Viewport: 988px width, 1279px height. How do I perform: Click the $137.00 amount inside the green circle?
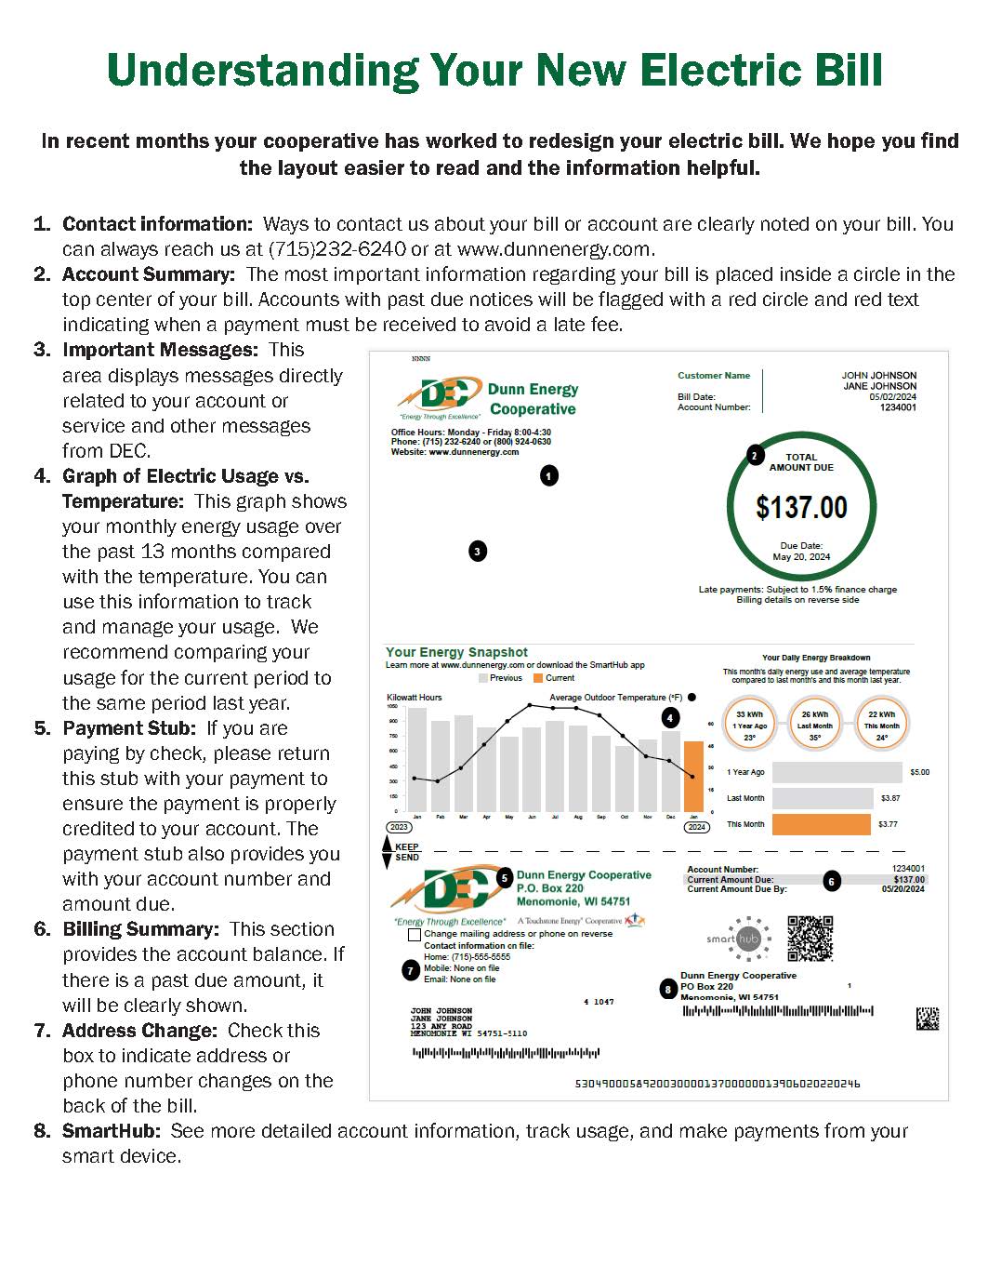pyautogui.click(x=801, y=507)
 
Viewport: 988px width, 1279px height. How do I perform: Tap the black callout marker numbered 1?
pyautogui.click(x=549, y=475)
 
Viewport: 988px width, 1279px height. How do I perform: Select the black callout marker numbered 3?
pyautogui.click(x=477, y=551)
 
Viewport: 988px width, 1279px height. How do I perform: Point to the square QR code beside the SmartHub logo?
pyautogui.click(x=810, y=939)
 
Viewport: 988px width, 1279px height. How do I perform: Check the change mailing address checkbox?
pyautogui.click(x=415, y=934)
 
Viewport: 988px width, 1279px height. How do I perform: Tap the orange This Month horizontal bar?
pyautogui.click(x=822, y=824)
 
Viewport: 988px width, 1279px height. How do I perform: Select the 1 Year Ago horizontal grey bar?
pyautogui.click(x=837, y=772)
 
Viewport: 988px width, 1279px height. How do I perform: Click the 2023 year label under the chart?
pyautogui.click(x=399, y=827)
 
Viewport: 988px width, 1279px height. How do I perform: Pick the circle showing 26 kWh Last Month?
pyautogui.click(x=815, y=725)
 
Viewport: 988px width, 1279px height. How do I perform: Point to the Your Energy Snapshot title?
pyautogui.click(x=456, y=652)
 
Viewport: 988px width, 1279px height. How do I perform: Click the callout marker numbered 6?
pyautogui.click(x=832, y=881)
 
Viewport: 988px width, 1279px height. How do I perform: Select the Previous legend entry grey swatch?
pyautogui.click(x=483, y=678)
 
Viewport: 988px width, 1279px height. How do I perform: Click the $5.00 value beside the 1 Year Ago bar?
pyautogui.click(x=919, y=772)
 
